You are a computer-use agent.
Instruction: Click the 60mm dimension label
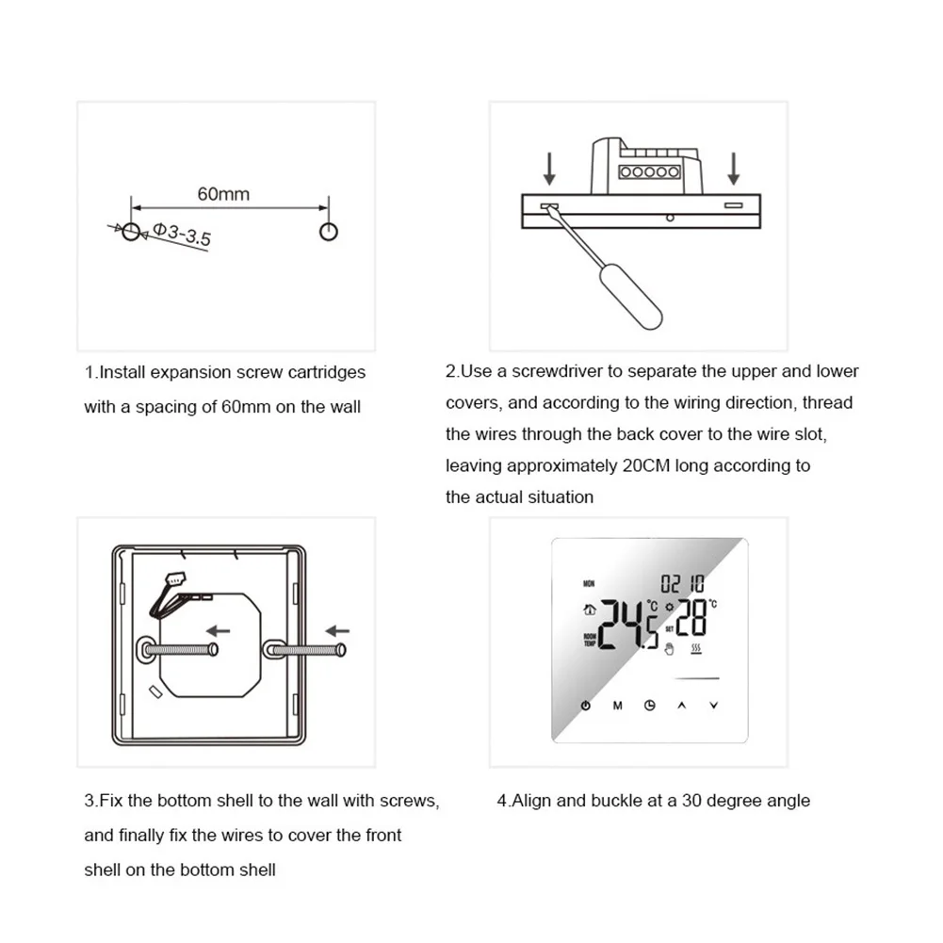click(223, 194)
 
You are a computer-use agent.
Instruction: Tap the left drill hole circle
click(131, 231)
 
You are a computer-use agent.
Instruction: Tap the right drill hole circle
click(328, 231)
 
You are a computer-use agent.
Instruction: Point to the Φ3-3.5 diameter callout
click(182, 234)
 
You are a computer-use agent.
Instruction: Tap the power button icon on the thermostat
click(586, 706)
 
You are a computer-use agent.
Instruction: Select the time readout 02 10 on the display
click(681, 584)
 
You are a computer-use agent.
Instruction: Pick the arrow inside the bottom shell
click(219, 630)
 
